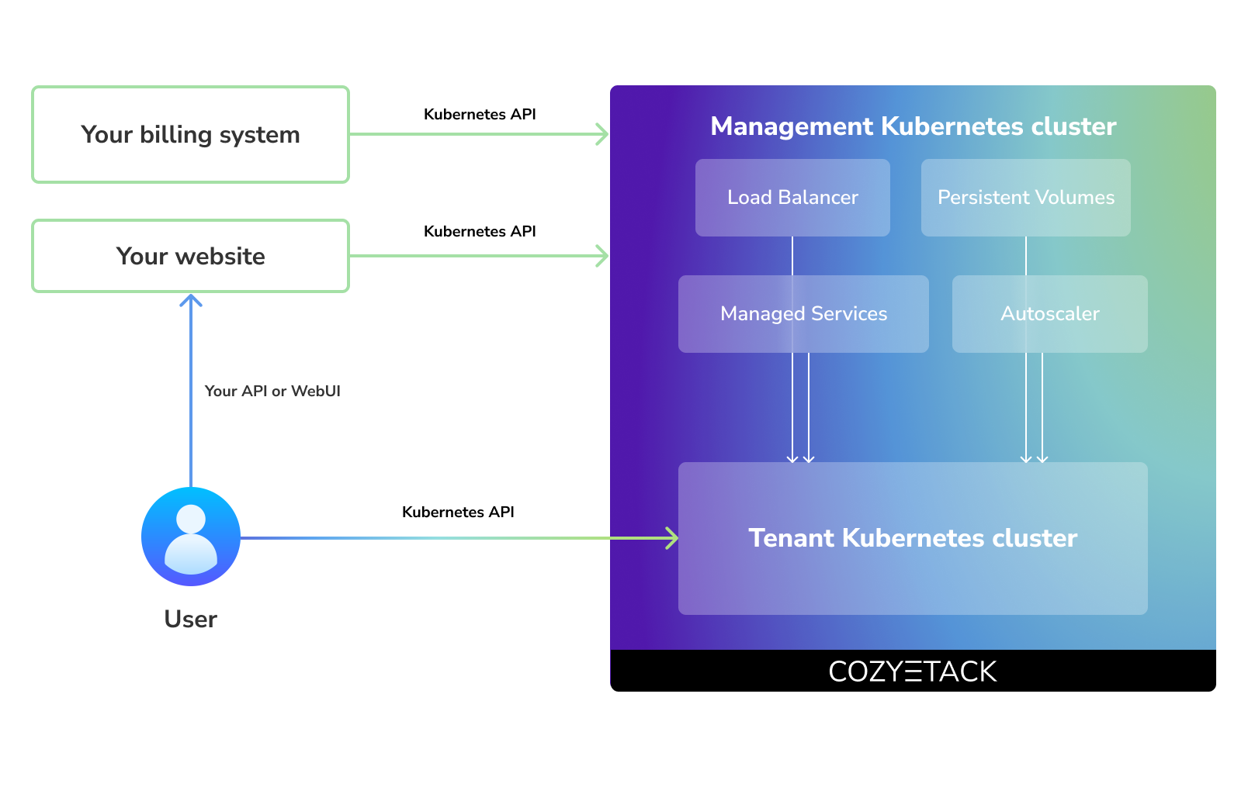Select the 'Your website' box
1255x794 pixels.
190,256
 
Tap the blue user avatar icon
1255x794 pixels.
191,537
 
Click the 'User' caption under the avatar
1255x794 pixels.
191,619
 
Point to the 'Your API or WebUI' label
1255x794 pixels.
272,391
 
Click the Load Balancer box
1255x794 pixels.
792,198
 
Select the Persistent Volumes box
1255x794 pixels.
1025,198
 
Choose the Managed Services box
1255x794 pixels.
803,314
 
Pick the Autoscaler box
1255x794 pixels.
1049,314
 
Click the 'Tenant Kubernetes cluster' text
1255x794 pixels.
913,538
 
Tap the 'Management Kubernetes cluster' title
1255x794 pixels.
913,126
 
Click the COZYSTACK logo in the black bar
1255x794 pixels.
913,671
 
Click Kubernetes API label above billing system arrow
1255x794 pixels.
480,115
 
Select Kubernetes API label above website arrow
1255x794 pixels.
480,231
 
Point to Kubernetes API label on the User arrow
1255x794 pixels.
458,512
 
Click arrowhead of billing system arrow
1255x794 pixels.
603,134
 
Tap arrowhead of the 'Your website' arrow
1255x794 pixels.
603,256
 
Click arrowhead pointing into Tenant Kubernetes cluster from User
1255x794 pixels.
673,538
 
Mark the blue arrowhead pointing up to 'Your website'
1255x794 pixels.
191,299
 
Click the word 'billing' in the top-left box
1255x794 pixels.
176,135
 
